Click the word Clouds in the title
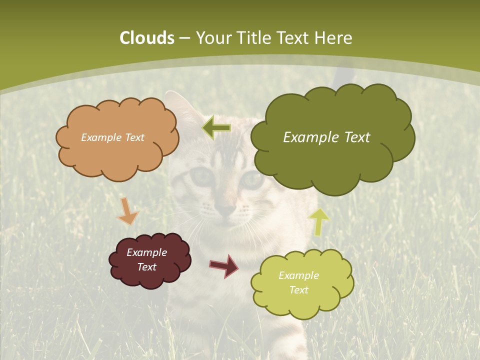[146, 38]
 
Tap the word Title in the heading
[254, 38]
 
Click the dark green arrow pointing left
[217, 128]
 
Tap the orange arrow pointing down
[127, 212]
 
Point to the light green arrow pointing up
[318, 221]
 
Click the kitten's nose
[226, 210]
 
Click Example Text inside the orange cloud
[112, 137]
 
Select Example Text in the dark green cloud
[326, 137]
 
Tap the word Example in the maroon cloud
[146, 252]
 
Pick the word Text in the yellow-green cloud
[298, 290]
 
